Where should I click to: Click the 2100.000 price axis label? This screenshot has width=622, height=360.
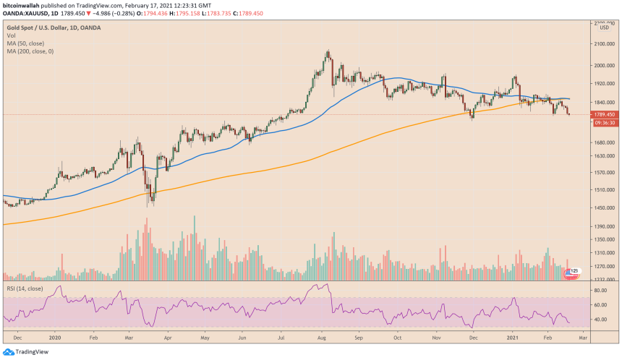click(604, 44)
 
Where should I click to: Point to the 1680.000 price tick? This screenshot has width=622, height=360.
click(604, 143)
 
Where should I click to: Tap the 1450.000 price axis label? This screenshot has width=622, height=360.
click(604, 209)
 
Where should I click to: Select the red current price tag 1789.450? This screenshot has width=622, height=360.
click(604, 114)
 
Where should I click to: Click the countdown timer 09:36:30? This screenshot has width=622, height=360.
click(604, 123)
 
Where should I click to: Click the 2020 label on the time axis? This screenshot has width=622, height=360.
click(54, 337)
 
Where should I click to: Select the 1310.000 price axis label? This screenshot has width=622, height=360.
click(604, 254)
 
